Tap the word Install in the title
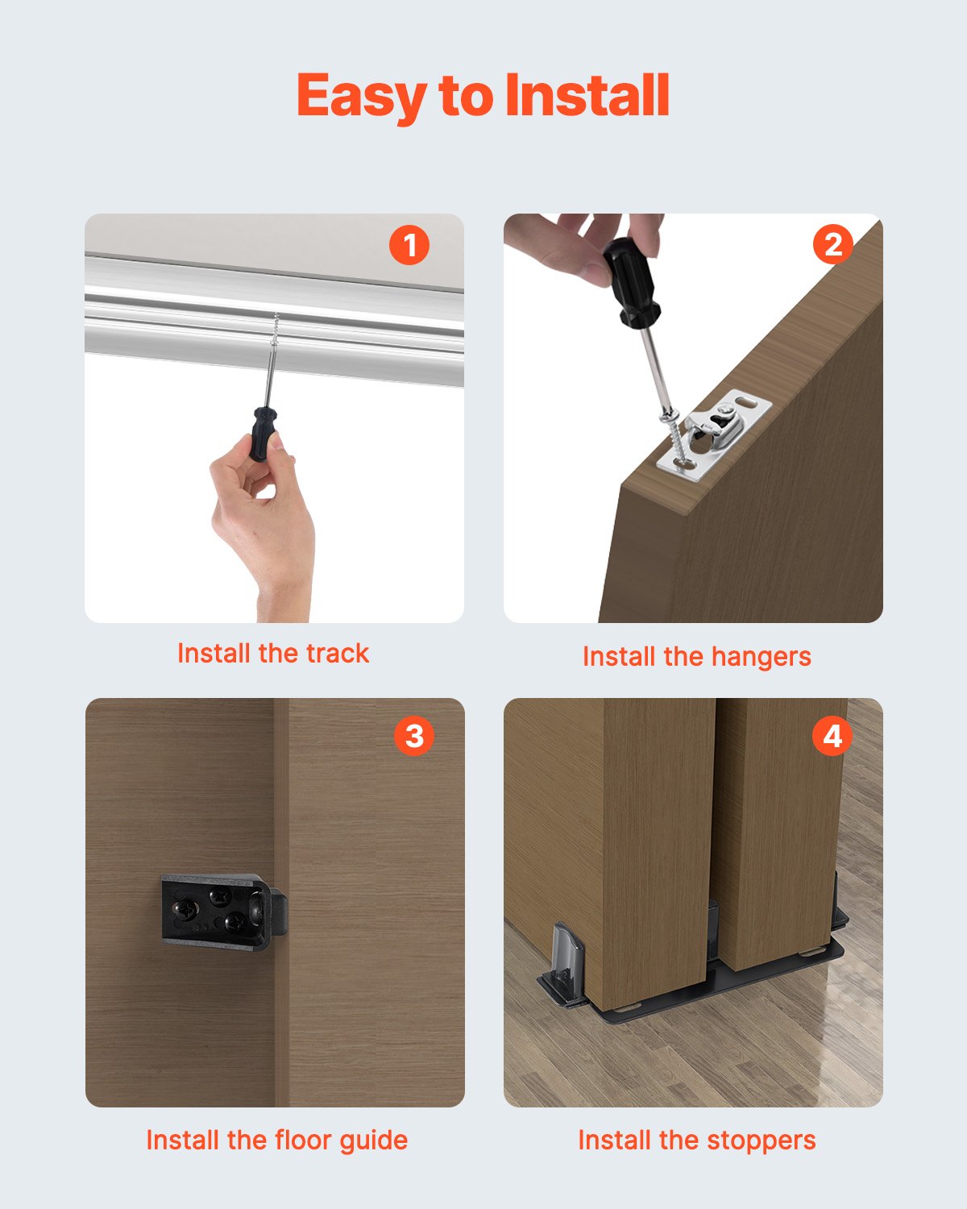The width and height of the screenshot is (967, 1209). [x=587, y=95]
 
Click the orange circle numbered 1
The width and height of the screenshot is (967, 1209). [x=409, y=245]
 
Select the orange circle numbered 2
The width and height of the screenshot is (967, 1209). [x=832, y=244]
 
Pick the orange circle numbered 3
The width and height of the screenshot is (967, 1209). [x=413, y=735]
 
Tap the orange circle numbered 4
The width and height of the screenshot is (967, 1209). [x=832, y=736]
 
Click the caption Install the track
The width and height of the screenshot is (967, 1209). [x=272, y=653]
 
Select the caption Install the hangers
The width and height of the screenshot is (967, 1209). [x=696, y=657]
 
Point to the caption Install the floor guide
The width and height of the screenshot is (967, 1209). [x=276, y=1140]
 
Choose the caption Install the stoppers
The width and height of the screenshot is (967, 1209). [x=696, y=1140]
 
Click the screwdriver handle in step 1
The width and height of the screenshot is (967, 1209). [x=262, y=434]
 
